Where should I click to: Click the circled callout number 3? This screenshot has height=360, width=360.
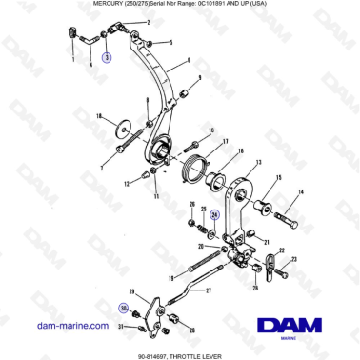point(107,58)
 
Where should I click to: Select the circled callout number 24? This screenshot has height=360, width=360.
point(215,215)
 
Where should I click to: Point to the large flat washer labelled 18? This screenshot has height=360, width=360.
point(123,129)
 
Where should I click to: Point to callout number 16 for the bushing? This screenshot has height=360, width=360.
point(240,151)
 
